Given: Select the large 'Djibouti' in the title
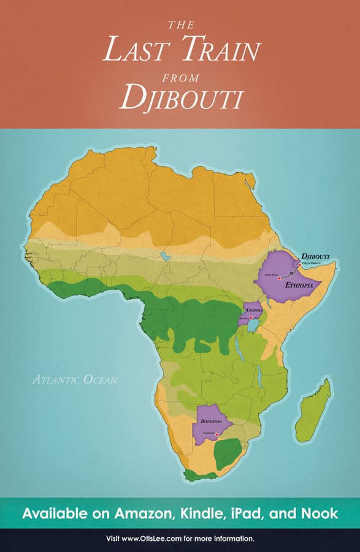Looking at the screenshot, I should coord(180,97).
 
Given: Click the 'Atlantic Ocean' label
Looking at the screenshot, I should coord(75,380).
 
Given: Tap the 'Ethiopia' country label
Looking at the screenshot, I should coord(299,285).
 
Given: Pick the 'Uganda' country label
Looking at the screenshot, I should coord(255,310).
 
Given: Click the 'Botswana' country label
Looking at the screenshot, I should coord(211,421).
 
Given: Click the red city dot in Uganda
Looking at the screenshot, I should coord(251,318).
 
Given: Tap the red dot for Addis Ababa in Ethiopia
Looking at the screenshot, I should coord(280,278).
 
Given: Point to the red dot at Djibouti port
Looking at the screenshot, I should coord(299,264).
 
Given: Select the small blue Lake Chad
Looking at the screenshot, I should coord(164,255).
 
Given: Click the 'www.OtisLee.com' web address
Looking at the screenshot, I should coord(155,539).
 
